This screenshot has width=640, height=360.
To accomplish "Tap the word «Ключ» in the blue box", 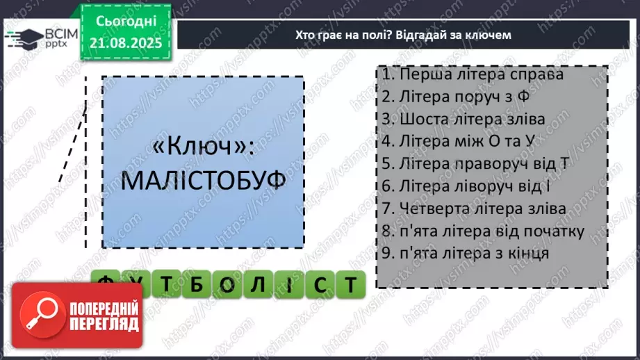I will tap(203, 148).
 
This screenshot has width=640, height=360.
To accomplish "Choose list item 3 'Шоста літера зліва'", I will tap(463, 119).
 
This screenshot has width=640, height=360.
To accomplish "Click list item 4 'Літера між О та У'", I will tap(463, 141).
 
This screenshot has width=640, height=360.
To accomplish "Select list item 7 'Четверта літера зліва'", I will tap(473, 208).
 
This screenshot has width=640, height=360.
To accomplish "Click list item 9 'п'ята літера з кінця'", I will tap(465, 253).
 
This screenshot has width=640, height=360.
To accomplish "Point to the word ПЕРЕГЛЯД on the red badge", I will tap(104, 325).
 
